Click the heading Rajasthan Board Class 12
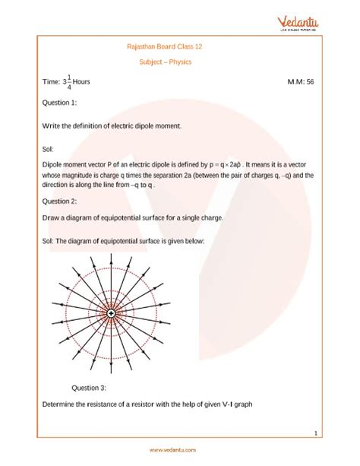[179, 46]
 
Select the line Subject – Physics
[179, 62]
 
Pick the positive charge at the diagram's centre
[111, 313]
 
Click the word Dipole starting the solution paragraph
[55, 163]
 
